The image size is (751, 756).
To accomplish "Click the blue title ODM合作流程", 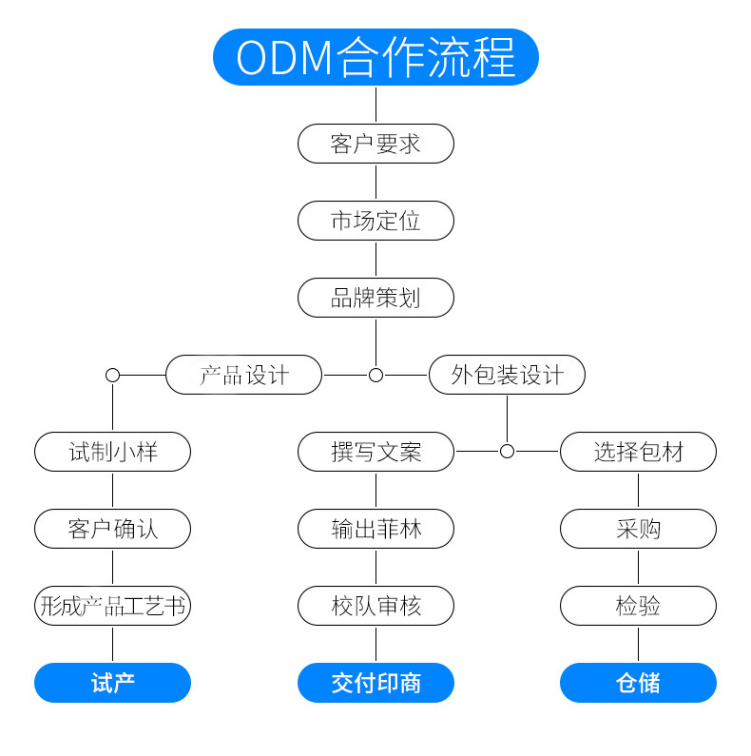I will (x=375, y=57).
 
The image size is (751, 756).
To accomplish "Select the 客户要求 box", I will (x=375, y=144).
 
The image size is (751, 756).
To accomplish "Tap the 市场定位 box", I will (x=375, y=221).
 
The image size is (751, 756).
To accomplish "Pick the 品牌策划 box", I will (x=375, y=298).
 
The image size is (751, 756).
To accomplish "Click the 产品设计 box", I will (x=243, y=375).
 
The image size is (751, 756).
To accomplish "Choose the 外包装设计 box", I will (x=507, y=375).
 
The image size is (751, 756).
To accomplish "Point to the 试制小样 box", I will (x=112, y=452).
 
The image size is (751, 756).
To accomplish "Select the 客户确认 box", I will (x=112, y=529).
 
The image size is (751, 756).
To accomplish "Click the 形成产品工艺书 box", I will (x=112, y=606).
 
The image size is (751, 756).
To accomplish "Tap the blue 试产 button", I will (x=112, y=683).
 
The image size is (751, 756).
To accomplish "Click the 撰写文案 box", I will (x=375, y=452).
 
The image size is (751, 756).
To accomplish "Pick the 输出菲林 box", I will (x=375, y=529).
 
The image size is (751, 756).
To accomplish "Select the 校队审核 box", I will (x=375, y=606).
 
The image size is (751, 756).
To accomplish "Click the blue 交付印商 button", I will (x=375, y=683).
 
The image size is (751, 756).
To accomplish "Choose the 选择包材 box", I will (x=638, y=452).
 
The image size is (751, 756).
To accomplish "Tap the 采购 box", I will (x=638, y=529).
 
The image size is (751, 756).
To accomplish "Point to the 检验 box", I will (x=638, y=606).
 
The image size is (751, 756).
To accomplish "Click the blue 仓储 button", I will (x=638, y=683).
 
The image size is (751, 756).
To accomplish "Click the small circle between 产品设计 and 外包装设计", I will (x=375, y=375).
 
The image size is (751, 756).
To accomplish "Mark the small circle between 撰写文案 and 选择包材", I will (x=507, y=452).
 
